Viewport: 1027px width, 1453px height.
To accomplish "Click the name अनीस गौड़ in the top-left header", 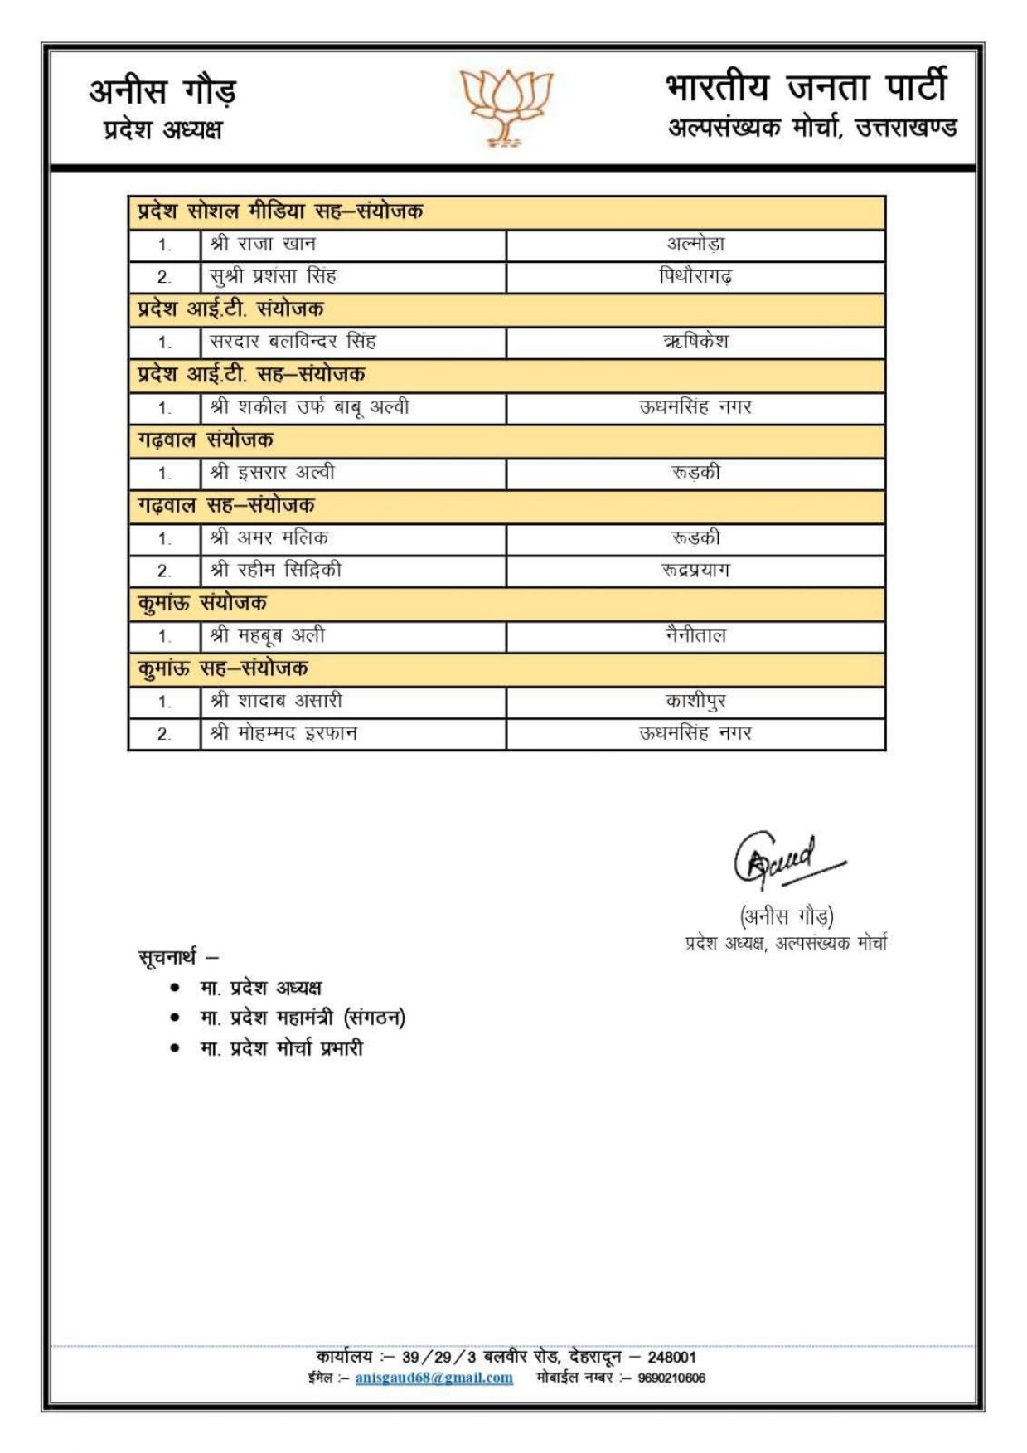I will coord(162,91).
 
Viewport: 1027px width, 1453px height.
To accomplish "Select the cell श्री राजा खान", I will coord(263,245).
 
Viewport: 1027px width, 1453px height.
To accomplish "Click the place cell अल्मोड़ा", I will coord(695,245).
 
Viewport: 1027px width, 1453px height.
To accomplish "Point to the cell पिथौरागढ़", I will coord(695,276).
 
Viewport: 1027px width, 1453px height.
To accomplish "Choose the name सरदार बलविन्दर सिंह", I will coord(293,342).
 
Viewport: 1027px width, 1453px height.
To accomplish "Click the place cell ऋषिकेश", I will coord(695,342).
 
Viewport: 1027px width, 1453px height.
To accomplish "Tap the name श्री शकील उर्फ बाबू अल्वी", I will coord(309,407).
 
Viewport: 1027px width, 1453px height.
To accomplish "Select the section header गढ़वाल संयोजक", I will coord(206,440).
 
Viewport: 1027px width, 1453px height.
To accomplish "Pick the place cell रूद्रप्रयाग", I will coord(695,571).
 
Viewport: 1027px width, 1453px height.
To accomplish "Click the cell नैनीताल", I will coord(695,636).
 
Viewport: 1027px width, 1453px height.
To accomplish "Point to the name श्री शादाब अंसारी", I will coord(276,702).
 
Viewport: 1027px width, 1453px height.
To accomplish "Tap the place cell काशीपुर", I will coord(695,702).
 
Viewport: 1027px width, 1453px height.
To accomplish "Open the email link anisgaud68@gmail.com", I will coord(434,1378).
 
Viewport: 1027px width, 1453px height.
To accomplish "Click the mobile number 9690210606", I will coord(671,1378).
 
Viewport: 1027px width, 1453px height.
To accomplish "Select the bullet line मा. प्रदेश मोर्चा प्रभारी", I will coord(281,1048).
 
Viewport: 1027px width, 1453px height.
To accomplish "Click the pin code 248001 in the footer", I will coord(671,1357).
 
